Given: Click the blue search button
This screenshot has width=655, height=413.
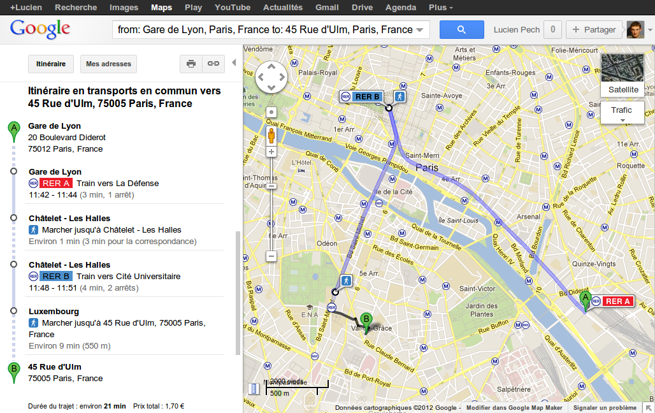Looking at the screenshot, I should click(461, 29).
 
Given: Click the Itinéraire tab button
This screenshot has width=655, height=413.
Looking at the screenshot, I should click(51, 64).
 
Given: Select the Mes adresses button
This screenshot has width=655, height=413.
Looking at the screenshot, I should click(108, 64).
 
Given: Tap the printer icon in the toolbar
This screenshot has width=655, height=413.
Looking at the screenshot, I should click(191, 64).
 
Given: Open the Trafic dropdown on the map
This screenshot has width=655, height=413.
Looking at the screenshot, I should click(622, 113).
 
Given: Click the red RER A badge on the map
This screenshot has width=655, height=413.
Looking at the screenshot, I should click(617, 301).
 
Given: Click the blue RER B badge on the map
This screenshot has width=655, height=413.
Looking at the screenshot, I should click(367, 97).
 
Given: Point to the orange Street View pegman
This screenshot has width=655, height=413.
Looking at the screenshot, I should click(271, 136).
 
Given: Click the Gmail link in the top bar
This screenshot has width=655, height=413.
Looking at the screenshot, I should click(327, 8).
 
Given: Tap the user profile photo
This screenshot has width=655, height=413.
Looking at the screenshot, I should click(635, 29).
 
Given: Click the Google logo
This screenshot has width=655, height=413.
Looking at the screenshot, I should click(40, 29).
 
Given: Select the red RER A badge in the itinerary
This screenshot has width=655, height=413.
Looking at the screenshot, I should click(55, 184).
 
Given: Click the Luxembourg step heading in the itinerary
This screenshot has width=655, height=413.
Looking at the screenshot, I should click(54, 312).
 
